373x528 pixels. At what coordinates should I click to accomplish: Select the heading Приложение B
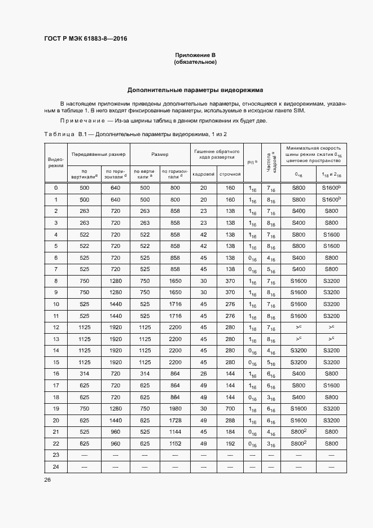pyautogui.click(x=195, y=55)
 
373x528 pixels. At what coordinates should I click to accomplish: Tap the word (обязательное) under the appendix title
pyautogui.click(x=195, y=62)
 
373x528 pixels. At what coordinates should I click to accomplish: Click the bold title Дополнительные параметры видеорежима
pyautogui.click(x=195, y=90)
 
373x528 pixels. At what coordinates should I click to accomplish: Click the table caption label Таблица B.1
pyautogui.click(x=64, y=134)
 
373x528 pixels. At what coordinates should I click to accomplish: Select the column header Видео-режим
pyautogui.click(x=55, y=162)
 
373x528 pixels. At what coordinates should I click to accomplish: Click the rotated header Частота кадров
pyautogui.click(x=272, y=162)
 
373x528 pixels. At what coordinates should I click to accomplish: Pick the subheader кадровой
pyautogui.click(x=203, y=174)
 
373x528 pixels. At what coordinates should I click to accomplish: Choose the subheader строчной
pyautogui.click(x=230, y=174)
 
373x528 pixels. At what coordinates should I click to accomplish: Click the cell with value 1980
pyautogui.click(x=175, y=408)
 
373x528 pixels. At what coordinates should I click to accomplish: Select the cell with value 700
pyautogui.click(x=230, y=408)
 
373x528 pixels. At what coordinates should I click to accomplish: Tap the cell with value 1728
pyautogui.click(x=175, y=421)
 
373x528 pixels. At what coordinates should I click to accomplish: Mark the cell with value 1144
pyautogui.click(x=175, y=431)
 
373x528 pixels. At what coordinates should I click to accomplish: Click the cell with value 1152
pyautogui.click(x=175, y=443)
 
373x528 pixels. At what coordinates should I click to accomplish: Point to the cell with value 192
pyautogui.click(x=230, y=443)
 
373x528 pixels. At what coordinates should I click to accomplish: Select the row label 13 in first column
pyautogui.click(x=55, y=339)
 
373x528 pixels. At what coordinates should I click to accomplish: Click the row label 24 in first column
pyautogui.click(x=55, y=466)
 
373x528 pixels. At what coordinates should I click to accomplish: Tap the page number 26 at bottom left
pyautogui.click(x=47, y=480)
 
